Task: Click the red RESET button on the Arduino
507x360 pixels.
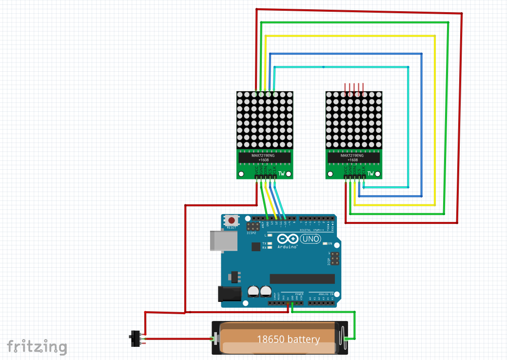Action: point(231,220)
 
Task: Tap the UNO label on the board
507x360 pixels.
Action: point(311,240)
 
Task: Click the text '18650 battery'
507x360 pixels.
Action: point(288,339)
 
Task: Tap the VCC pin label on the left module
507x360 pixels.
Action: point(256,170)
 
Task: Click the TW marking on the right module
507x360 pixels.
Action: point(370,173)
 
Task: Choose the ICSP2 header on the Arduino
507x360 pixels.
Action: point(253,227)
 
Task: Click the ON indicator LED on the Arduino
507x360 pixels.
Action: point(325,243)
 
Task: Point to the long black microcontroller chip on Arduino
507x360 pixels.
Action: point(302,278)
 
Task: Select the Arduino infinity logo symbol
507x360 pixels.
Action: point(288,239)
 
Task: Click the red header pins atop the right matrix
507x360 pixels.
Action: point(353,88)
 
